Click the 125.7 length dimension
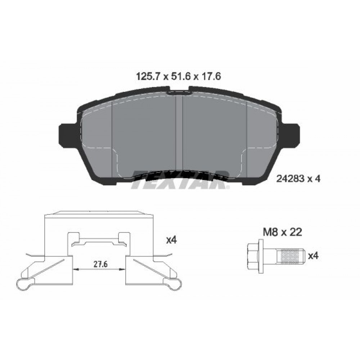pyautogui.click(x=148, y=76)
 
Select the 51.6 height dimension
pyautogui.click(x=180, y=76)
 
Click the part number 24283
pyautogui.click(x=291, y=179)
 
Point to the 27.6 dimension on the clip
pyautogui.click(x=100, y=264)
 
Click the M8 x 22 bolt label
pyautogui.click(x=282, y=232)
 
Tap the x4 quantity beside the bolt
pyautogui.click(x=313, y=256)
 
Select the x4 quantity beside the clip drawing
pyautogui.click(x=171, y=240)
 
